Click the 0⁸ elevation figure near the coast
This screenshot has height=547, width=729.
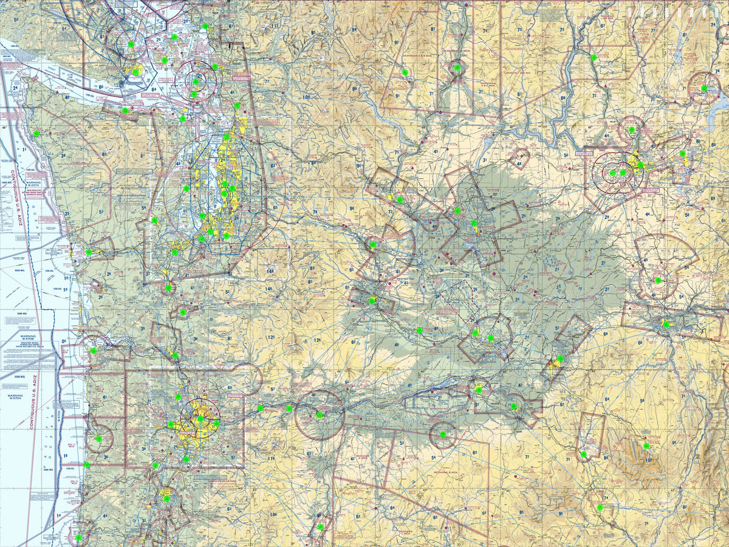coord(65,342)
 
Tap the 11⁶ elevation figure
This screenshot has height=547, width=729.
coord(271,459)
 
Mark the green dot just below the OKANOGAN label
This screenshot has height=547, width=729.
coord(457,67)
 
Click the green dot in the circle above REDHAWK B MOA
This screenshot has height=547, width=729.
coord(442,435)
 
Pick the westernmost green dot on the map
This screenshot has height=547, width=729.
coord(36,133)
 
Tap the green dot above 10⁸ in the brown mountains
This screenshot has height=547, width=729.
coord(646,446)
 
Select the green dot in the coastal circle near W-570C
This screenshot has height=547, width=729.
coord(98,438)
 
